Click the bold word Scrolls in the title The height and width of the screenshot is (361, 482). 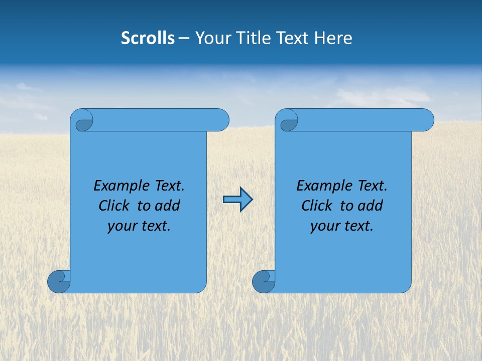148,38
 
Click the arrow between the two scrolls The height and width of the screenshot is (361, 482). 237,200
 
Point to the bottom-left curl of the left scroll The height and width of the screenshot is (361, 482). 59,281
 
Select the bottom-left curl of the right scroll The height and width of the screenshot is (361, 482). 263,281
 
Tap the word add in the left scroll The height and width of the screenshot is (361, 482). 167,206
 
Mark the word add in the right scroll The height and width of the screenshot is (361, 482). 370,206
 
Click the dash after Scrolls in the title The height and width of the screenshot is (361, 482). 184,38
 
